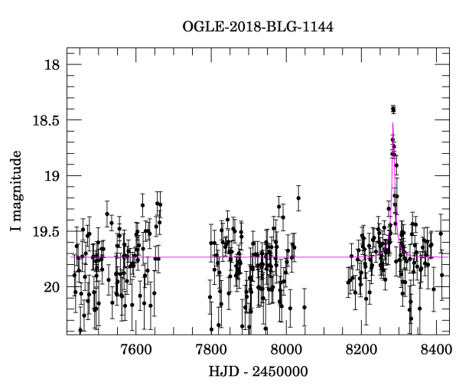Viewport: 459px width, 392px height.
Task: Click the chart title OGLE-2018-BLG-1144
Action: click(x=258, y=27)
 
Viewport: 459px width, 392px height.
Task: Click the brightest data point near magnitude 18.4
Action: click(x=393, y=109)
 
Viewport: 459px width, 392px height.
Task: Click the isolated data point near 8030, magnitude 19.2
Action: click(x=298, y=198)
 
